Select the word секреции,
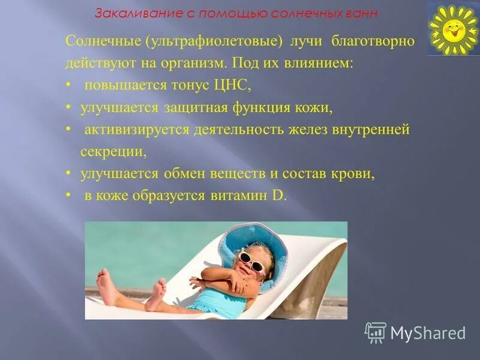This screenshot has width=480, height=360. point(113,151)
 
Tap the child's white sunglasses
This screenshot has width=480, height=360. point(252,262)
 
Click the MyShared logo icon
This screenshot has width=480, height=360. point(376,332)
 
